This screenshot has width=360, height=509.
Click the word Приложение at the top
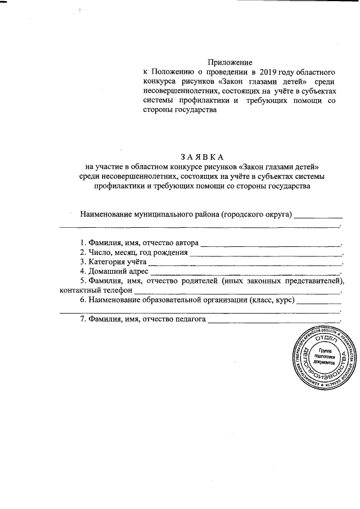[x=229, y=62]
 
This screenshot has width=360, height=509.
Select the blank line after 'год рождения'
[x=265, y=254]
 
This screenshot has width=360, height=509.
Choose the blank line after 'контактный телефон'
[x=237, y=292]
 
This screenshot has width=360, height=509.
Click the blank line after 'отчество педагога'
[x=274, y=322]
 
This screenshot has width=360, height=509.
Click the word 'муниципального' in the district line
[x=175, y=214]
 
